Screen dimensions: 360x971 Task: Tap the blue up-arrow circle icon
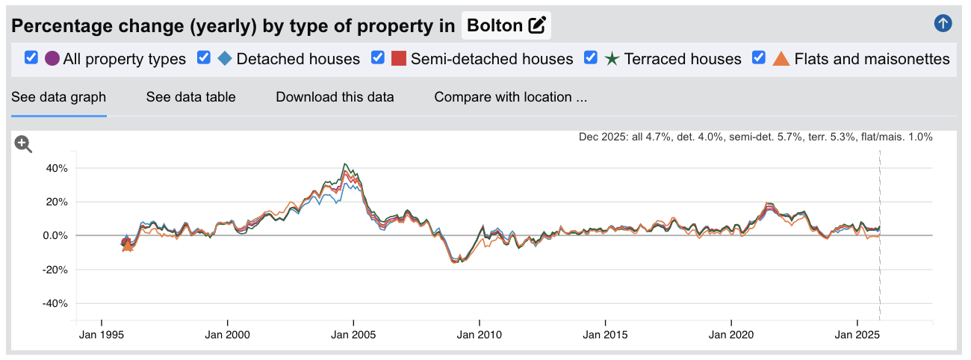click(943, 23)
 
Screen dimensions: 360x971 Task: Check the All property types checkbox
click(31, 58)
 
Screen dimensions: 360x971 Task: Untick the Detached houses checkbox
click(204, 58)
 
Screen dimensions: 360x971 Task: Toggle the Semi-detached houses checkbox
click(378, 58)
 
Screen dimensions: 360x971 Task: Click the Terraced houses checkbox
click(591, 58)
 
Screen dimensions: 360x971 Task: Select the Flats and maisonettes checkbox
click(759, 58)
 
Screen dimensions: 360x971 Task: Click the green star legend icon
click(612, 58)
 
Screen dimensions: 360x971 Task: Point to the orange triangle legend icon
click(781, 58)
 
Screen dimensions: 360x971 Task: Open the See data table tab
click(190, 97)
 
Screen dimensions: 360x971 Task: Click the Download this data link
click(335, 97)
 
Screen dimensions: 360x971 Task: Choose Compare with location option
click(510, 97)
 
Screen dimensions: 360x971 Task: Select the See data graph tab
click(58, 97)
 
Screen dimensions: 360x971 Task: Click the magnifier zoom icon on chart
click(24, 144)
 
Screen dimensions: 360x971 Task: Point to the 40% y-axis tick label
click(56, 168)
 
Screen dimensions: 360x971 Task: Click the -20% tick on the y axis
click(55, 270)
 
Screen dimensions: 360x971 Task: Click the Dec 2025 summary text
click(755, 137)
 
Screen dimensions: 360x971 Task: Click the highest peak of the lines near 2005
click(344, 164)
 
